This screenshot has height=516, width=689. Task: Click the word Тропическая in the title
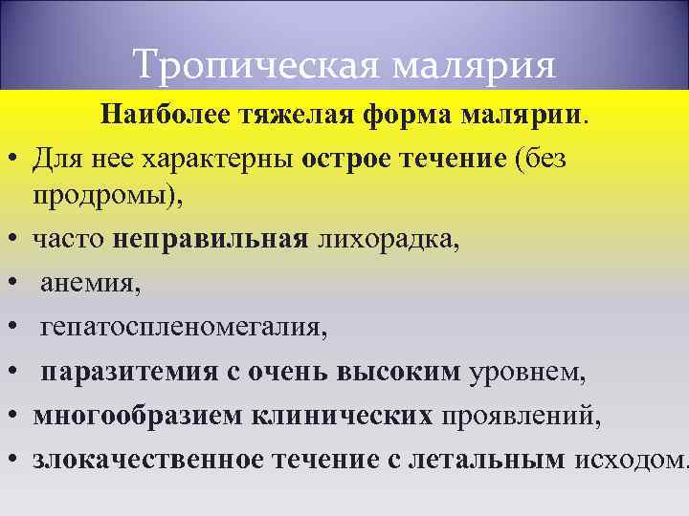pos(245,65)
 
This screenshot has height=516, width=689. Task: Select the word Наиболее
pos(167,117)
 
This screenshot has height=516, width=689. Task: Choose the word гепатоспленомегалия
pos(183,328)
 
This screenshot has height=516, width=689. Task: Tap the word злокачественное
pos(148,460)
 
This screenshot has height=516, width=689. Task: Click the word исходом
pos(627,460)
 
